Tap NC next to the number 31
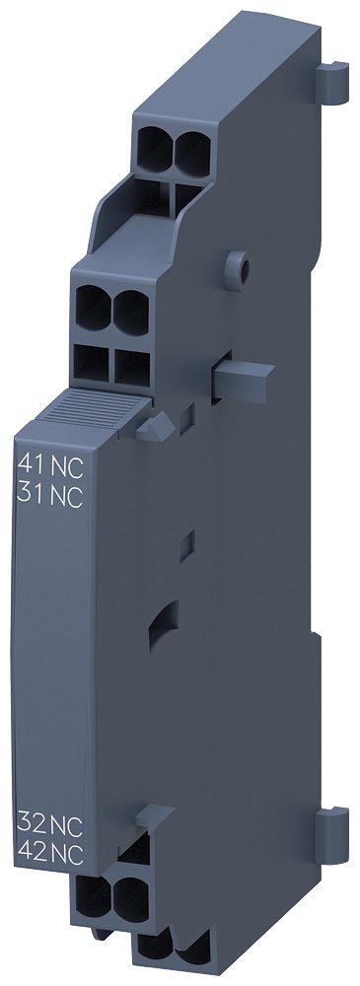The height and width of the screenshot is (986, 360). coord(66,496)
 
